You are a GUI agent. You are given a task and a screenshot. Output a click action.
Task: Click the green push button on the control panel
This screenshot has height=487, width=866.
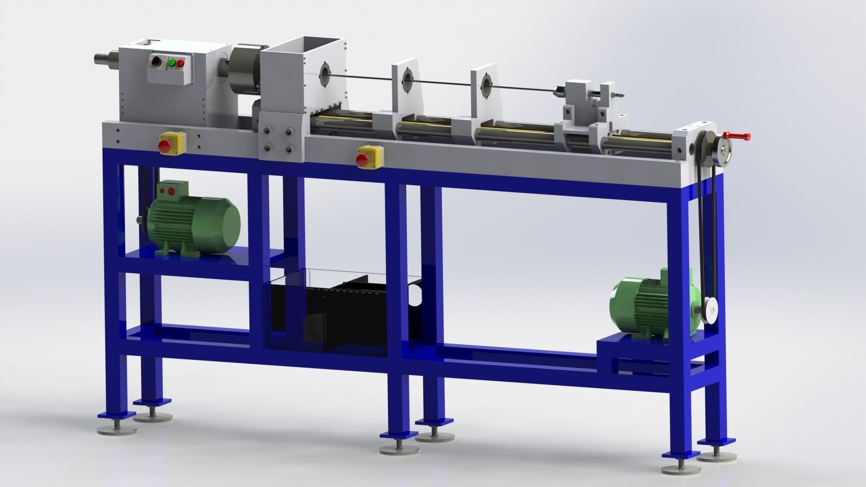coord(171,64)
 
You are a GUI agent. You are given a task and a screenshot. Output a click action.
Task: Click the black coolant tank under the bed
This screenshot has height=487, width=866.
coord(347,316)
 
